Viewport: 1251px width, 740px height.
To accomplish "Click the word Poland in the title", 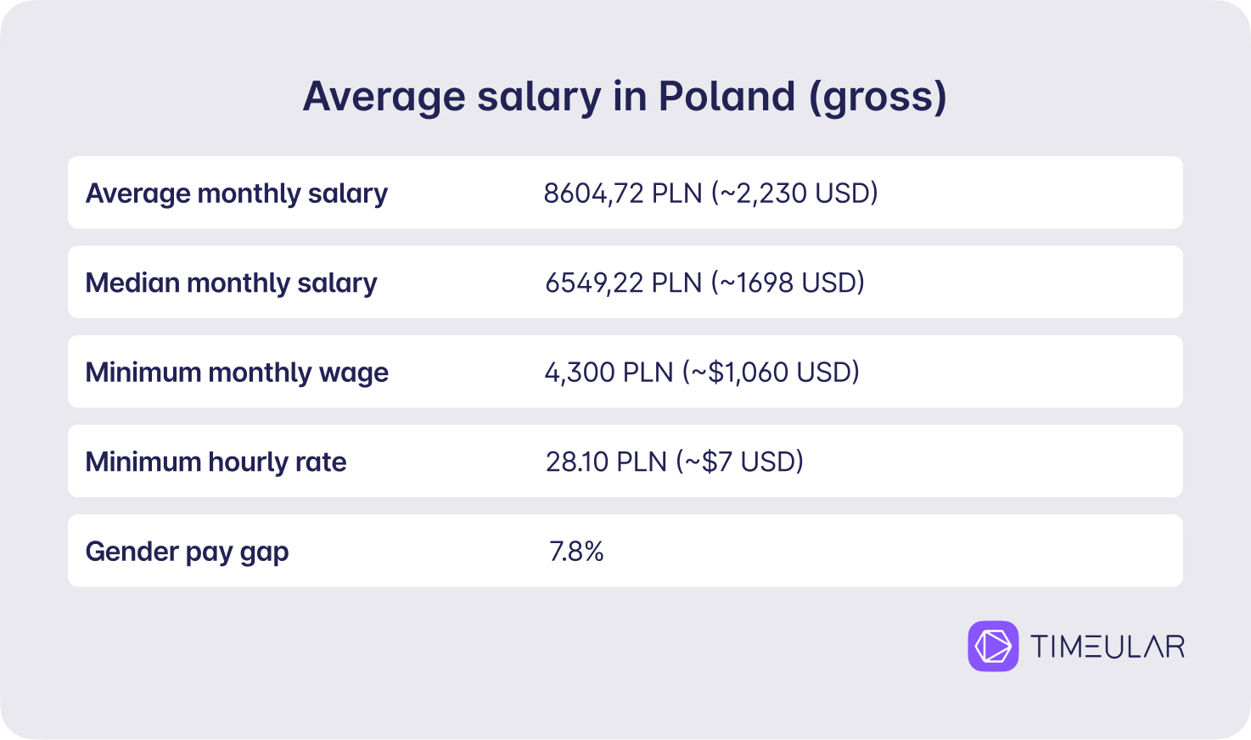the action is pos(726,96).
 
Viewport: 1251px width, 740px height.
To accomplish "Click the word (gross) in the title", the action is pos(878,98).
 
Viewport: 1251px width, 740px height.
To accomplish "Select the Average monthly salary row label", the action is pos(236,193).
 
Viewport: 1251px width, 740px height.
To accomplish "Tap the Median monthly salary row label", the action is pos(231,283).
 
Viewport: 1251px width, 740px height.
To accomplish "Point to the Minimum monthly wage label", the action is pos(237,373).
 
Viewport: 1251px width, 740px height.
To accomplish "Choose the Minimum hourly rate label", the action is pos(216,462).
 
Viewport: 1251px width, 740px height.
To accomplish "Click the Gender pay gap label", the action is pos(187,552).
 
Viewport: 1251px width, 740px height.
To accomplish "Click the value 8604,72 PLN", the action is pos(623,193).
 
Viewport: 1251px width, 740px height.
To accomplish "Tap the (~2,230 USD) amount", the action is pos(794,193).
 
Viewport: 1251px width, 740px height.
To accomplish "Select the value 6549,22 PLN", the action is pos(623,283).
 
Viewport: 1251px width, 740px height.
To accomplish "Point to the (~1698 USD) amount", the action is pos(788,283).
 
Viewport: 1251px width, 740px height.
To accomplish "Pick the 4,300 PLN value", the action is pos(609,373).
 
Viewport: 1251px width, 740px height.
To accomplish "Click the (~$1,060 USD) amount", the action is pos(771,372).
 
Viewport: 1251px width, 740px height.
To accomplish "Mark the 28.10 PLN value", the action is pos(607,462).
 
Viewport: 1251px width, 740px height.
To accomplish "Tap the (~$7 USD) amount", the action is pos(739,462).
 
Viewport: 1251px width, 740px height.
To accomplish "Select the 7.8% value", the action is pos(576,552).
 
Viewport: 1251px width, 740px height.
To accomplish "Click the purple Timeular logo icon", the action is pos(993,646).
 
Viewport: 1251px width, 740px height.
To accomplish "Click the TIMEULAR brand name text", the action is pos(1108,647).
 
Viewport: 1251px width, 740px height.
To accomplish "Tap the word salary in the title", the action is pos(539,98).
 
